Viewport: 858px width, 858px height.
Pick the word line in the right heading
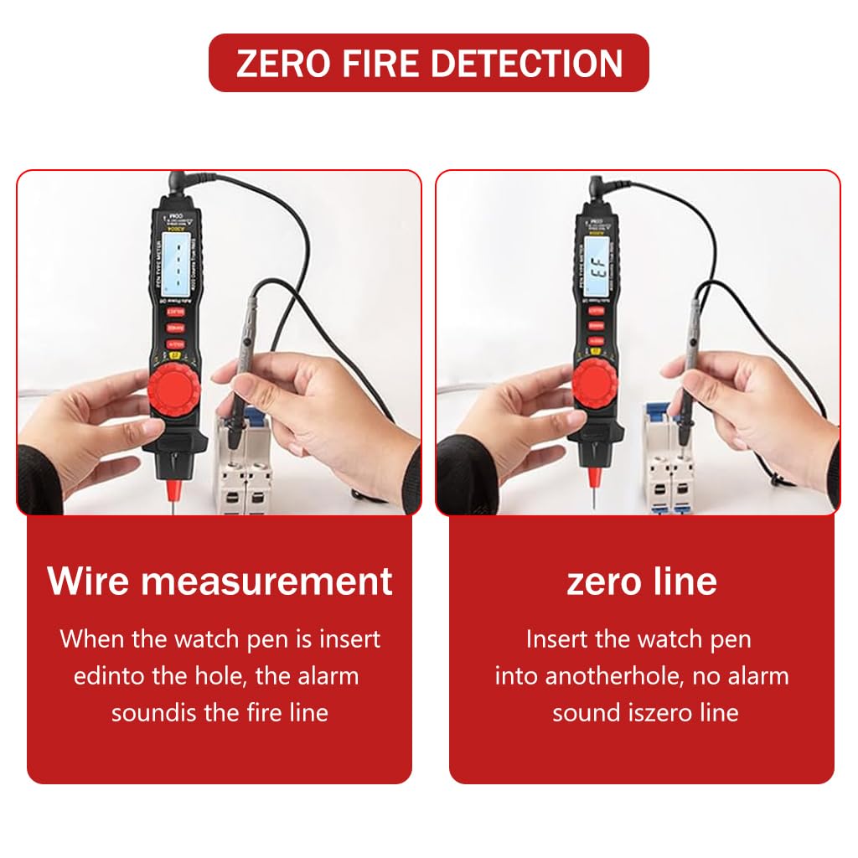(x=686, y=581)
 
